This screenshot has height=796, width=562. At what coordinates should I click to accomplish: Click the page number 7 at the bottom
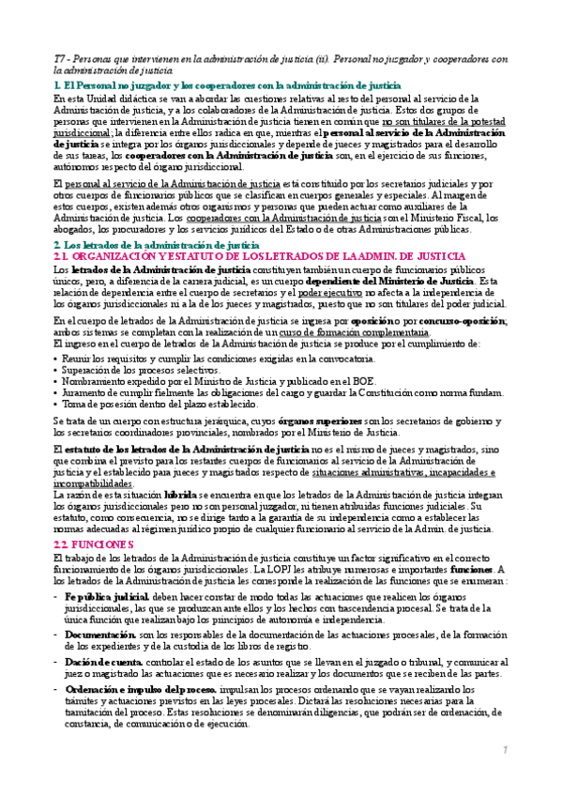tap(505, 749)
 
